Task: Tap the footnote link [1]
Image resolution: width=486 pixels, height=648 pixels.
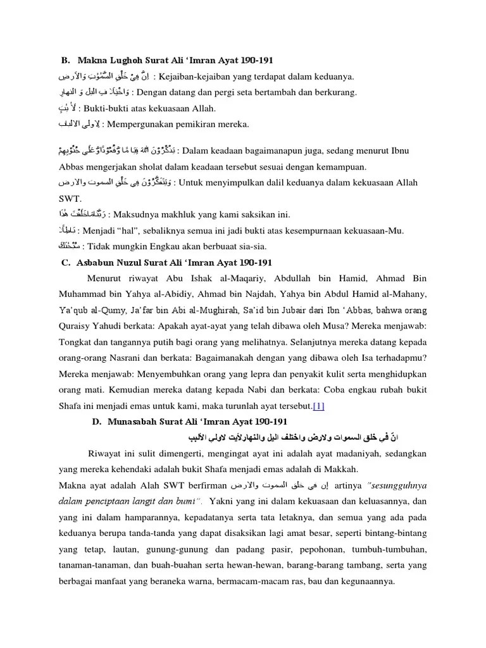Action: pyautogui.click(x=318, y=405)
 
